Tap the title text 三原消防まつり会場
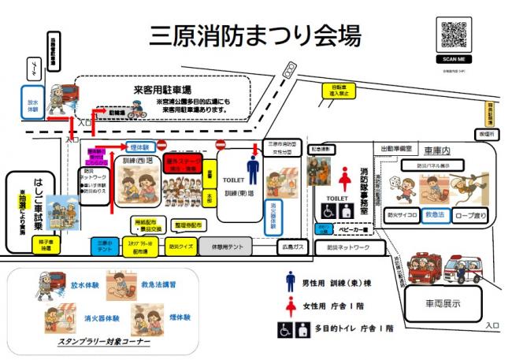click(x=255, y=36)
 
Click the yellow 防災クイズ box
click(x=180, y=246)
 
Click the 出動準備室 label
click(x=396, y=147)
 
